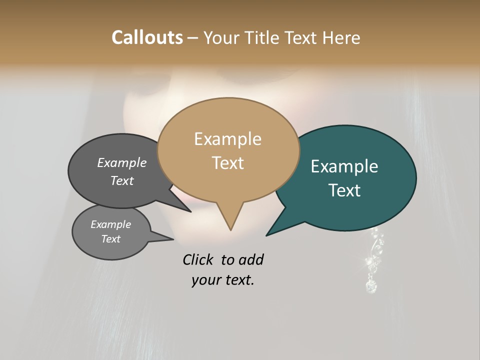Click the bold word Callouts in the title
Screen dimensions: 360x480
(147, 37)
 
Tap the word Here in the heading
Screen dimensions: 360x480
(342, 37)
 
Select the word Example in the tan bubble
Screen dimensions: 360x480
(227, 139)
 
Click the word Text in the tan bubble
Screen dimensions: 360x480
(227, 163)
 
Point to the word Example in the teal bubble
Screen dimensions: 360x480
(344, 166)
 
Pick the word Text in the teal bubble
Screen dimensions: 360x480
(344, 190)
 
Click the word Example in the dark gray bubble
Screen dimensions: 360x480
(121, 163)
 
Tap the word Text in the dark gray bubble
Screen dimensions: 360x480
(121, 180)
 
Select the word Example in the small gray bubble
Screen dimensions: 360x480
(110, 224)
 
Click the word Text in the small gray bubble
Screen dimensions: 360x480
(110, 239)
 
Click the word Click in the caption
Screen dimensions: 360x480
(198, 260)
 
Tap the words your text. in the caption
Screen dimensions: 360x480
(222, 280)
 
